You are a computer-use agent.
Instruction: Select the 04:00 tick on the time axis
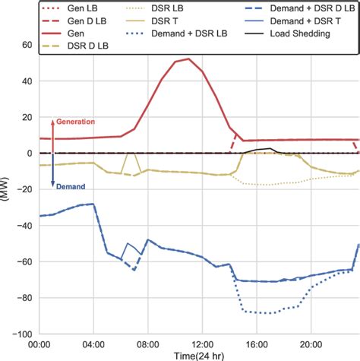pos(94,344)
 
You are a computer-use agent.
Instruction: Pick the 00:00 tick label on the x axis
pos(39,344)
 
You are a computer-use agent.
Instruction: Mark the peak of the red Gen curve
pos(189,59)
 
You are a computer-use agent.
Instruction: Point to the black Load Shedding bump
pos(265,149)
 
